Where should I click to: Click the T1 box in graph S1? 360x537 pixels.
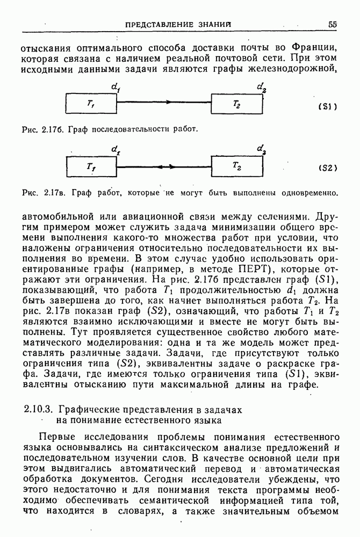point(91,104)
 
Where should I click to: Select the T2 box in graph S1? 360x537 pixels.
point(237,104)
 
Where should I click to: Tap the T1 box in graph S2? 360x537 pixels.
point(91,166)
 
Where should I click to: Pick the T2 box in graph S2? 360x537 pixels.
point(237,166)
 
